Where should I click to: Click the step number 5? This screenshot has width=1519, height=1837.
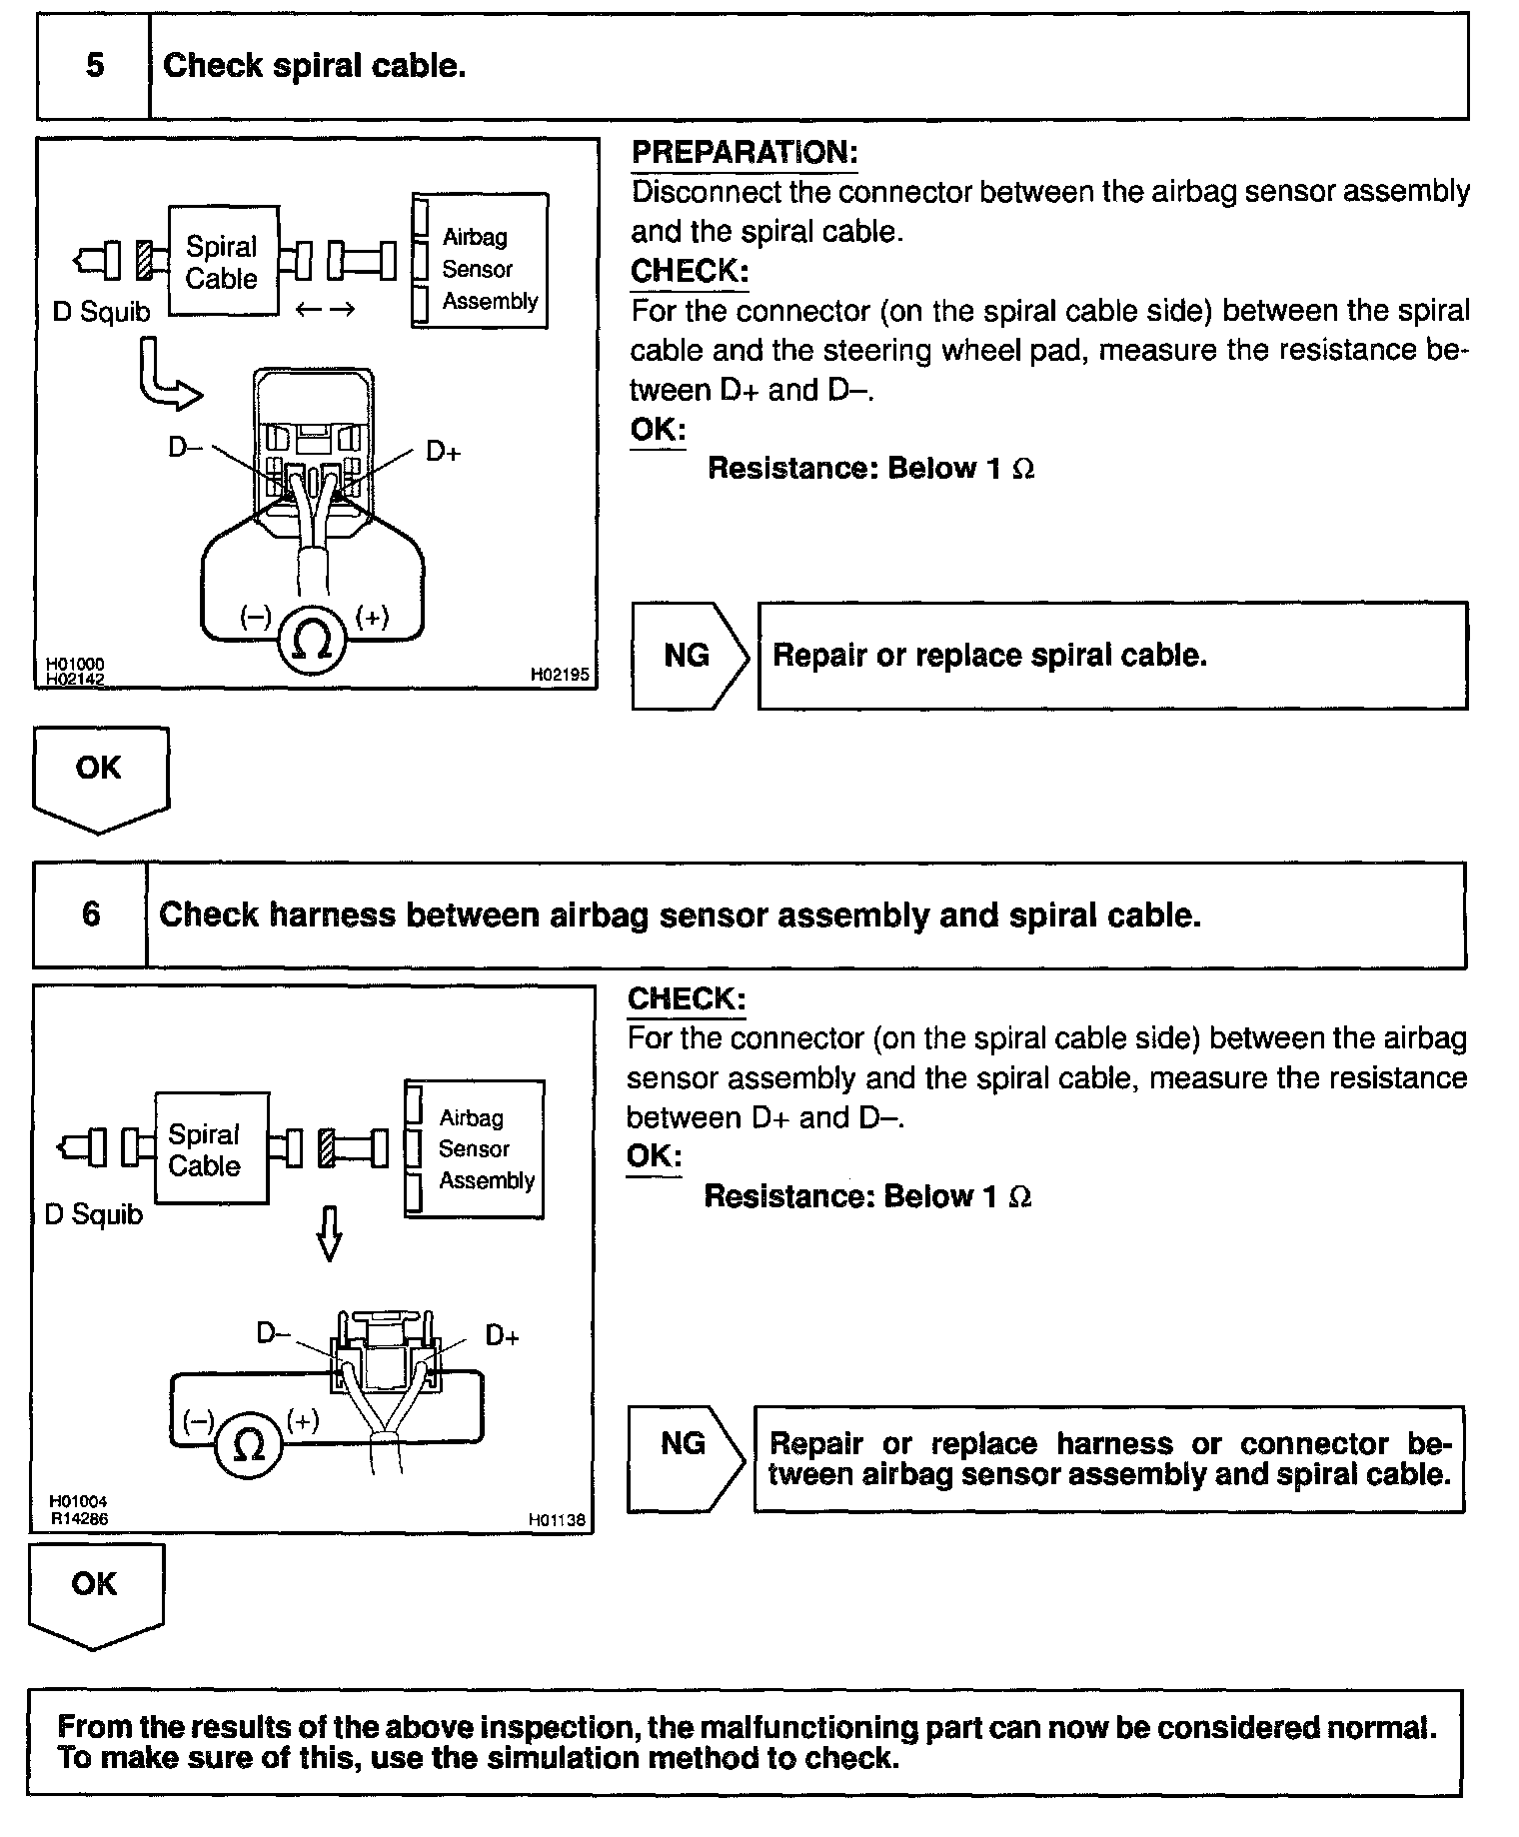(x=95, y=66)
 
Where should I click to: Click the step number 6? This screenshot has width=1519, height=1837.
(x=91, y=915)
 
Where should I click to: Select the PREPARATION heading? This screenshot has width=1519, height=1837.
(x=745, y=153)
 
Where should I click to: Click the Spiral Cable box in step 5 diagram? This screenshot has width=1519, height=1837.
(x=223, y=262)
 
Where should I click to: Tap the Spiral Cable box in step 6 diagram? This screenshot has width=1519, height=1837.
(x=210, y=1149)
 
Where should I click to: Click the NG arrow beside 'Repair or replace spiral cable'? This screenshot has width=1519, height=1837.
(x=688, y=656)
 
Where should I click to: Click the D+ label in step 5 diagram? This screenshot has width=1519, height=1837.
(x=443, y=452)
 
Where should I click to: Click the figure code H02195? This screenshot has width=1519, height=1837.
(x=560, y=676)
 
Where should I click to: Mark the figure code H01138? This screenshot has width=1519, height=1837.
(x=556, y=1520)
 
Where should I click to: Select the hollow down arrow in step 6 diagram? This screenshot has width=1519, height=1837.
(x=329, y=1233)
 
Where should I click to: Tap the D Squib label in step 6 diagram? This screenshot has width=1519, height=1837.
(x=94, y=1214)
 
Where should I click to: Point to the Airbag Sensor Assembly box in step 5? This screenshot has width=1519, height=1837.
(x=480, y=262)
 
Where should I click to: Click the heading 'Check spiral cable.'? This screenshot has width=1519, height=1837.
(x=314, y=66)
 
